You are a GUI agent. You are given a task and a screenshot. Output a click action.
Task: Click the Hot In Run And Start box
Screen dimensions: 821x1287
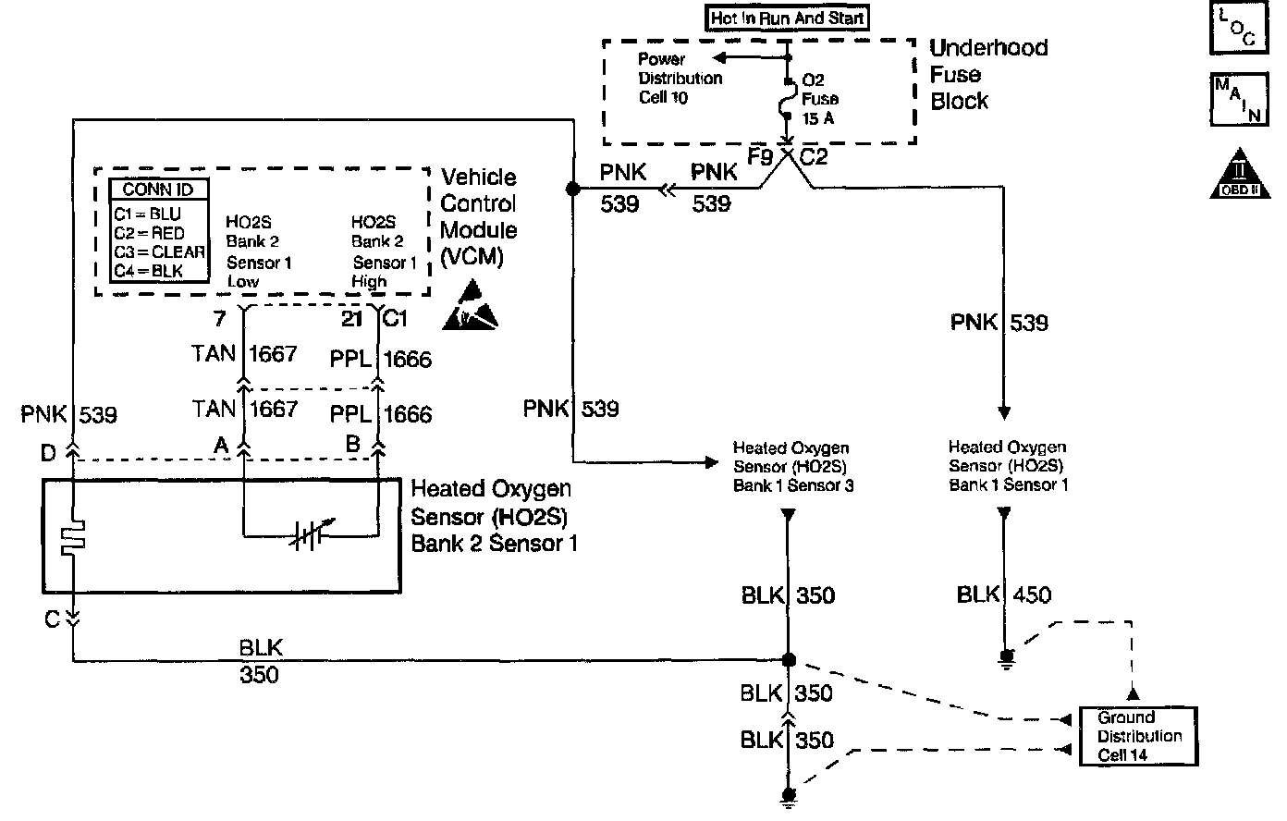pyautogui.click(x=788, y=17)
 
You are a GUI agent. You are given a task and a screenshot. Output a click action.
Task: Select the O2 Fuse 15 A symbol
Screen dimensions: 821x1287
pyautogui.click(x=786, y=96)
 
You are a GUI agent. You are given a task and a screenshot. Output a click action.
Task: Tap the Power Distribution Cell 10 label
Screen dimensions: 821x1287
pyautogui.click(x=680, y=78)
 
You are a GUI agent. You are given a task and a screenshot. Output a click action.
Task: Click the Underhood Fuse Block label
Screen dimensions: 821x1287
pyautogui.click(x=987, y=74)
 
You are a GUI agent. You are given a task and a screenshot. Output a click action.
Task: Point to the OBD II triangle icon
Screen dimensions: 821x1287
pyautogui.click(x=1234, y=173)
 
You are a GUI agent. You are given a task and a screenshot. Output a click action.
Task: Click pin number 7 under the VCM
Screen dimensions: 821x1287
pyautogui.click(x=218, y=320)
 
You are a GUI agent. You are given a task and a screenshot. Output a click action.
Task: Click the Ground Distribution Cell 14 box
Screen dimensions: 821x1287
pyautogui.click(x=1138, y=736)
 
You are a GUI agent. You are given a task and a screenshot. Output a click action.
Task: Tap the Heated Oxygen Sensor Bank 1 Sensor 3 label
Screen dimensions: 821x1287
pyautogui.click(x=791, y=467)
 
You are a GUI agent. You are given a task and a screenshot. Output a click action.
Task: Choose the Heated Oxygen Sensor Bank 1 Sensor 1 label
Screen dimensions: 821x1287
pyautogui.click(x=1008, y=466)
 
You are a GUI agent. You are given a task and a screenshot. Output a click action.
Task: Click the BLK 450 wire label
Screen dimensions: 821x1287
pyautogui.click(x=1004, y=595)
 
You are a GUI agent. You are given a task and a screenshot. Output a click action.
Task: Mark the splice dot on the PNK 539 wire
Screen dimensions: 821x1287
pyautogui.click(x=571, y=189)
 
